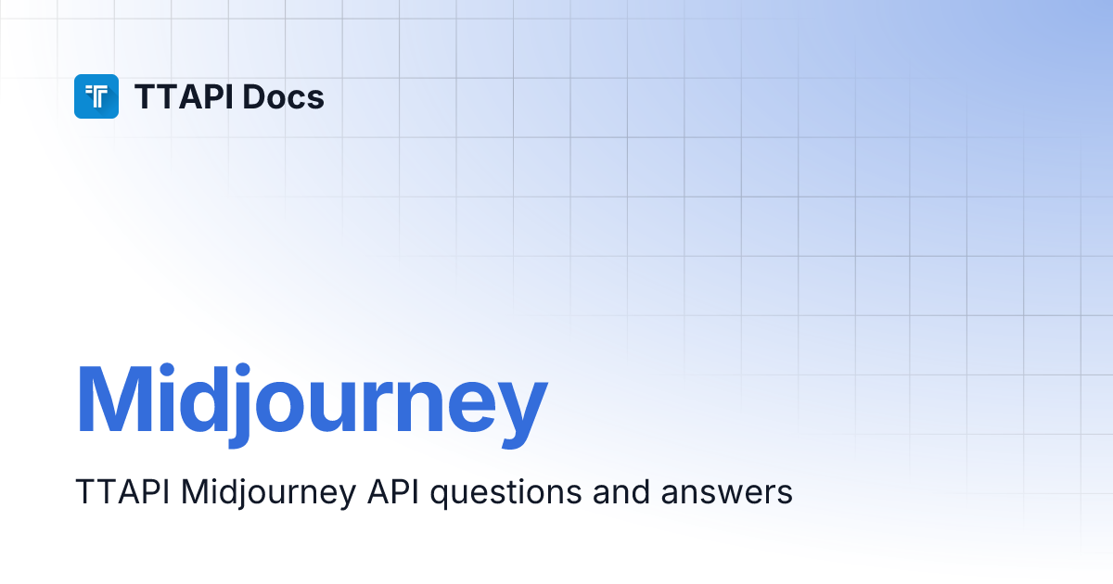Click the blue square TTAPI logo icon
[x=96, y=96]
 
